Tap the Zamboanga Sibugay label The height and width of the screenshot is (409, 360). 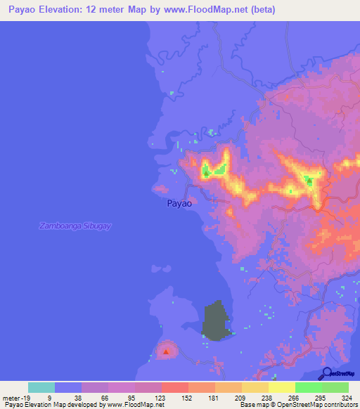coord(76,226)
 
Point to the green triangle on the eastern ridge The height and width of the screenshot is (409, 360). coord(309,181)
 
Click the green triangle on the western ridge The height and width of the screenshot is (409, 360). coord(205,170)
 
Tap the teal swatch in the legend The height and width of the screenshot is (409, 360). coord(41,387)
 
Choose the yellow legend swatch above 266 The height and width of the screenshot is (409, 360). coord(282,387)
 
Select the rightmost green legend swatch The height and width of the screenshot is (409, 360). coord(335,387)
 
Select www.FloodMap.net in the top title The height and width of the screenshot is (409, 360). coord(200,10)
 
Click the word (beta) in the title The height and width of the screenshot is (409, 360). coord(259,10)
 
